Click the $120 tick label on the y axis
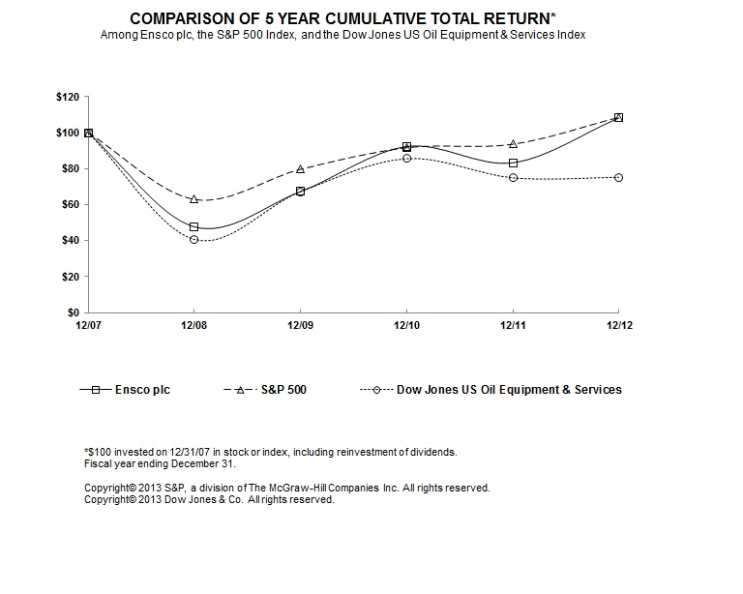(68, 98)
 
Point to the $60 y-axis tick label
(71, 205)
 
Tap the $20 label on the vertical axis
(71, 277)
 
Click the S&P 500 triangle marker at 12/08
(194, 199)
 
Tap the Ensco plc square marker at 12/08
(194, 227)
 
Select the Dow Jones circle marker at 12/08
(194, 239)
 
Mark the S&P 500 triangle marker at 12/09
(300, 169)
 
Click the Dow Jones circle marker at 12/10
(406, 158)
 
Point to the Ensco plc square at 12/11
(513, 163)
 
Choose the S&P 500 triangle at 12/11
(513, 144)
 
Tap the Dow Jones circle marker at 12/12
(618, 177)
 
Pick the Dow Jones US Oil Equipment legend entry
(509, 390)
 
